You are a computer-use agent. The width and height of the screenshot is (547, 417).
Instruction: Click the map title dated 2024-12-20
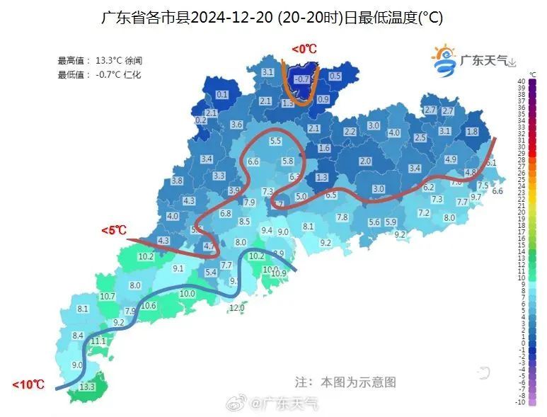(272, 18)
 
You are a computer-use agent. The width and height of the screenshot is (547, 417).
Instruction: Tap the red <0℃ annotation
(304, 49)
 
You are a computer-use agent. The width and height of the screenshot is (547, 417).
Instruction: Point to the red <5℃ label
(113, 230)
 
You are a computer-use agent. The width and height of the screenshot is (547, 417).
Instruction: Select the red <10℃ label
(28, 384)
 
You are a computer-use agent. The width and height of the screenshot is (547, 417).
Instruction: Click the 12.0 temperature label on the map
(237, 307)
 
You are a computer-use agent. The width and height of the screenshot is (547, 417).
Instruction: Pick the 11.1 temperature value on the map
(98, 341)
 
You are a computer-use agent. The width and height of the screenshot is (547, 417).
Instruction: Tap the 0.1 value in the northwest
(222, 95)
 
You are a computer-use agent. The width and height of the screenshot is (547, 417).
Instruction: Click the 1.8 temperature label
(472, 132)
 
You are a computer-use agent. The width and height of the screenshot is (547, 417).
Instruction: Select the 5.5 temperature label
(275, 142)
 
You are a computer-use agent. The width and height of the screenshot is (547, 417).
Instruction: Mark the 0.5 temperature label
(335, 76)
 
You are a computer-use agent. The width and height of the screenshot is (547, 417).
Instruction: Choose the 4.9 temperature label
(450, 159)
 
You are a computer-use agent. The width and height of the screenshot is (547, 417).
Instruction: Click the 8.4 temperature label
(78, 336)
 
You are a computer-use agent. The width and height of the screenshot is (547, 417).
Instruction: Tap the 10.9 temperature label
(279, 273)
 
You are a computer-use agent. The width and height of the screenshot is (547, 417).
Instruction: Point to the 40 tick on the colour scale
(521, 81)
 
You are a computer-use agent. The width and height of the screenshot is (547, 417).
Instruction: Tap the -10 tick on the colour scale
(521, 402)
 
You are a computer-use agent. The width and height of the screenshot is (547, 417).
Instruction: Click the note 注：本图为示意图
(345, 382)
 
